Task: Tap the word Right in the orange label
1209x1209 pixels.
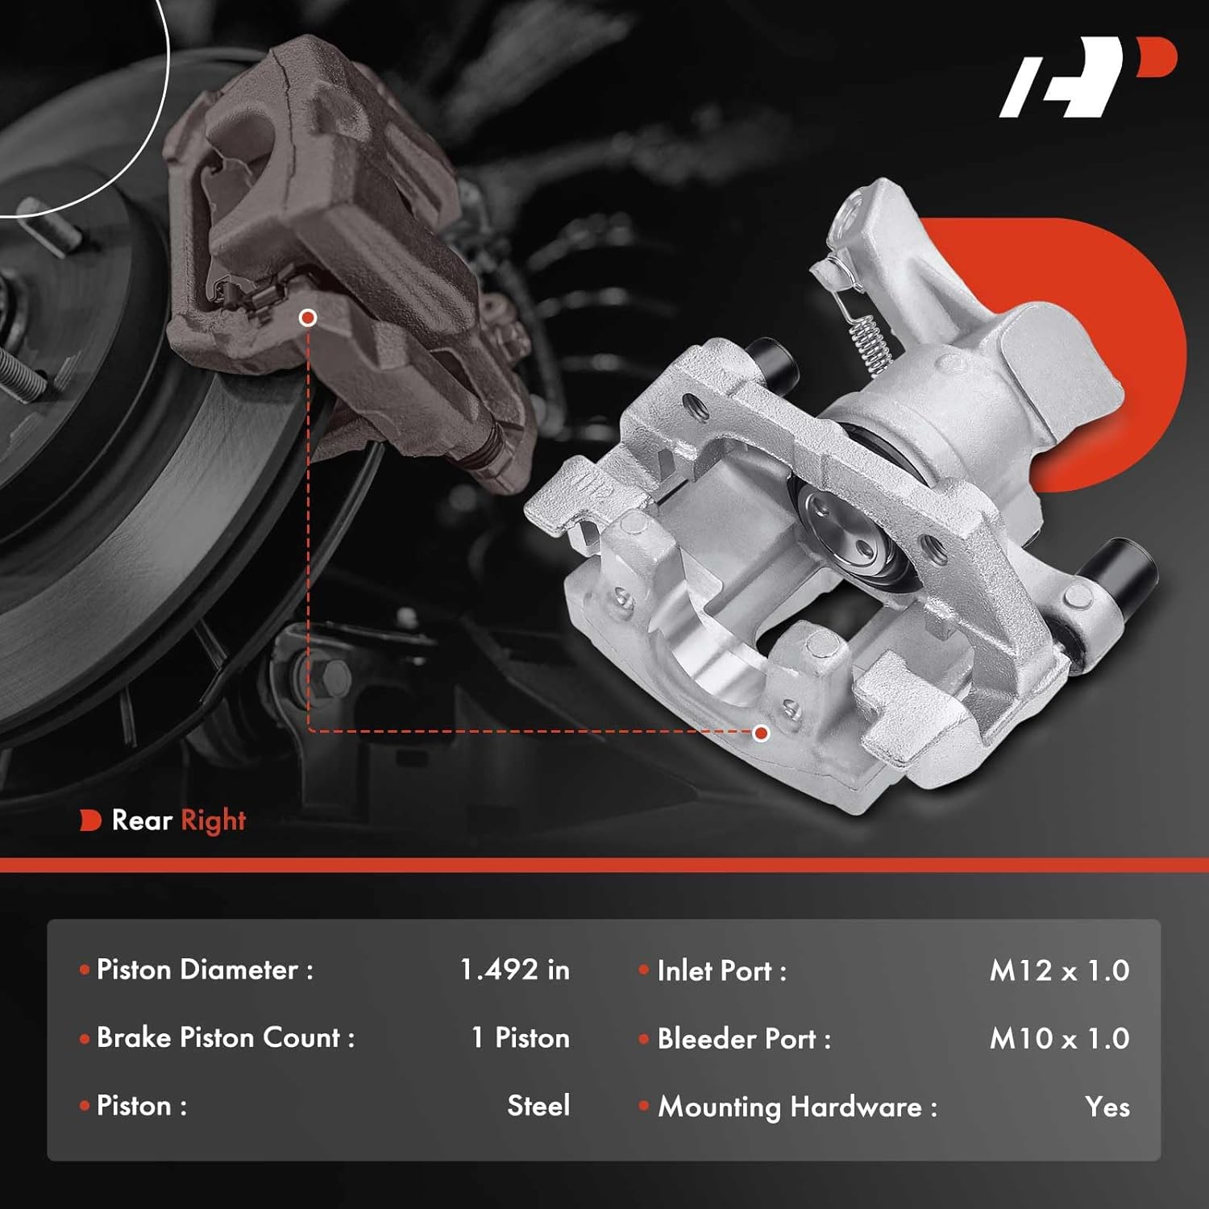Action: pyautogui.click(x=213, y=821)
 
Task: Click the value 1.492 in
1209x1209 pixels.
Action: pyautogui.click(x=514, y=970)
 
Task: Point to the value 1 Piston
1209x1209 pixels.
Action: pyautogui.click(x=520, y=1038)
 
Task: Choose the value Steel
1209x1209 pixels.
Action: pyautogui.click(x=538, y=1106)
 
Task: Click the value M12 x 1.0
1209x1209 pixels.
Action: pyautogui.click(x=1059, y=970)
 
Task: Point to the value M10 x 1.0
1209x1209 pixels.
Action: pyautogui.click(x=1059, y=1039)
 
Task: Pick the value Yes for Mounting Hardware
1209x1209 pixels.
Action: pyautogui.click(x=1107, y=1107)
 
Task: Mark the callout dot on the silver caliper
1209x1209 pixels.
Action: pyautogui.click(x=761, y=733)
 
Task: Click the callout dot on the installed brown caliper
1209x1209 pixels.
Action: pyautogui.click(x=307, y=318)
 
